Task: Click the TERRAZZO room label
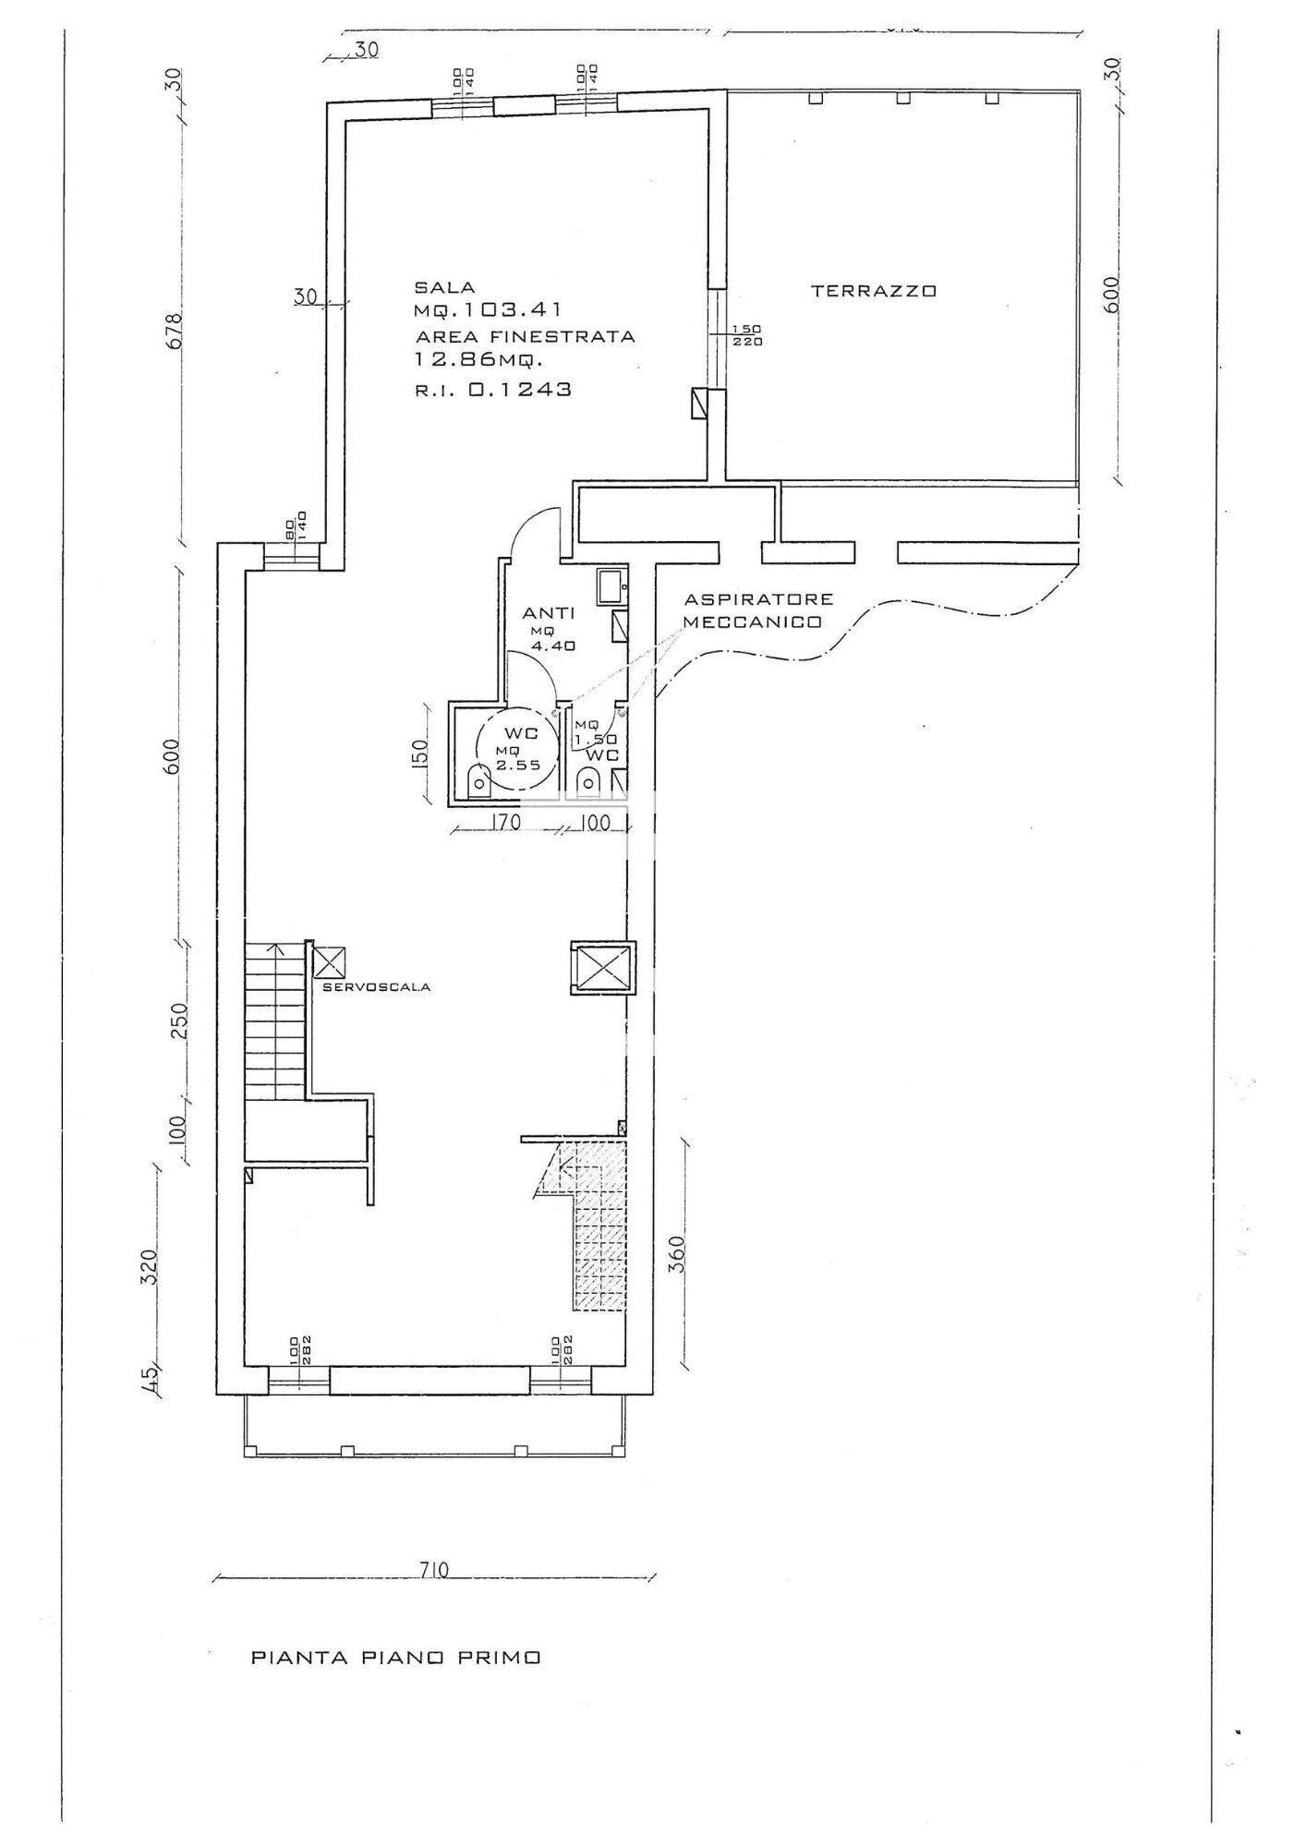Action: point(874,291)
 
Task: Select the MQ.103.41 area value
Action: point(488,311)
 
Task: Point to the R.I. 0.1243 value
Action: point(493,390)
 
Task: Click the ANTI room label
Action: point(549,613)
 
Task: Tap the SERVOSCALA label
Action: point(377,987)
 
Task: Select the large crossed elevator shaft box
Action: point(602,967)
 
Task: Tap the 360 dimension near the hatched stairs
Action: point(678,1254)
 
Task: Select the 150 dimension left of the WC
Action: point(421,752)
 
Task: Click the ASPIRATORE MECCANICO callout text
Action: point(757,610)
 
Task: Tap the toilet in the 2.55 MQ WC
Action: point(479,781)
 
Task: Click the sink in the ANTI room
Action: point(611,585)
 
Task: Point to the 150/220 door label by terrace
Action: point(747,335)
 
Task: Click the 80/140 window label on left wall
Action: point(295,527)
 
